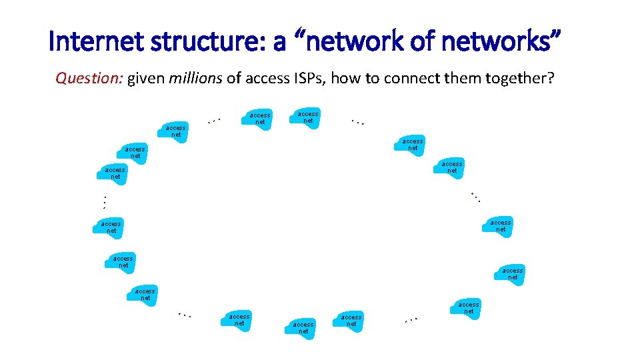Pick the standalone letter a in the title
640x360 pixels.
point(280,43)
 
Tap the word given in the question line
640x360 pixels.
point(147,79)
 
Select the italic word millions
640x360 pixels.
point(196,79)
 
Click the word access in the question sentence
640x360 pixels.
point(267,79)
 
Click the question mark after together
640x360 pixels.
point(551,79)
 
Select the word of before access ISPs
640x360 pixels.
point(233,79)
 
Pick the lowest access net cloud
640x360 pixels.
point(304,327)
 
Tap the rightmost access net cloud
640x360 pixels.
point(512,273)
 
